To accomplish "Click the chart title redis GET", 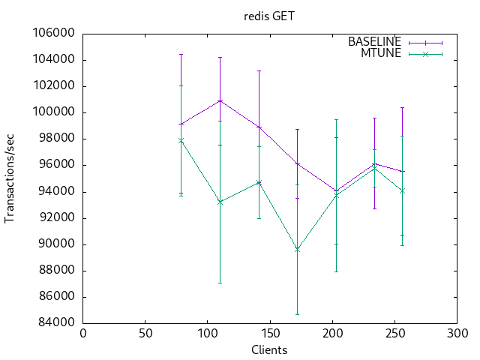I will (x=269, y=15).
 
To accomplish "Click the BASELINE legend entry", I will (x=374, y=42).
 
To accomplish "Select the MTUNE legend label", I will (x=381, y=53).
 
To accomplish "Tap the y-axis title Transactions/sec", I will (x=10, y=178).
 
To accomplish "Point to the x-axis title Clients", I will (x=269, y=349).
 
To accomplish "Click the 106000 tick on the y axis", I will (x=55, y=34).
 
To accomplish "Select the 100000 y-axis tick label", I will (x=55, y=112).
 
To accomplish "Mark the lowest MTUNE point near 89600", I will (x=297, y=249).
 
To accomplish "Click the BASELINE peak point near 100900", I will (x=220, y=100).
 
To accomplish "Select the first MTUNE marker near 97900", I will (x=181, y=140).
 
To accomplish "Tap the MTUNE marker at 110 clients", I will (x=220, y=202).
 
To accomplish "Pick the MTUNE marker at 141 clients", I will (x=259, y=182).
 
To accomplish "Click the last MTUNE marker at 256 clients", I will (x=402, y=190).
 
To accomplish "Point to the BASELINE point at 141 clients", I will (x=259, y=127).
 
